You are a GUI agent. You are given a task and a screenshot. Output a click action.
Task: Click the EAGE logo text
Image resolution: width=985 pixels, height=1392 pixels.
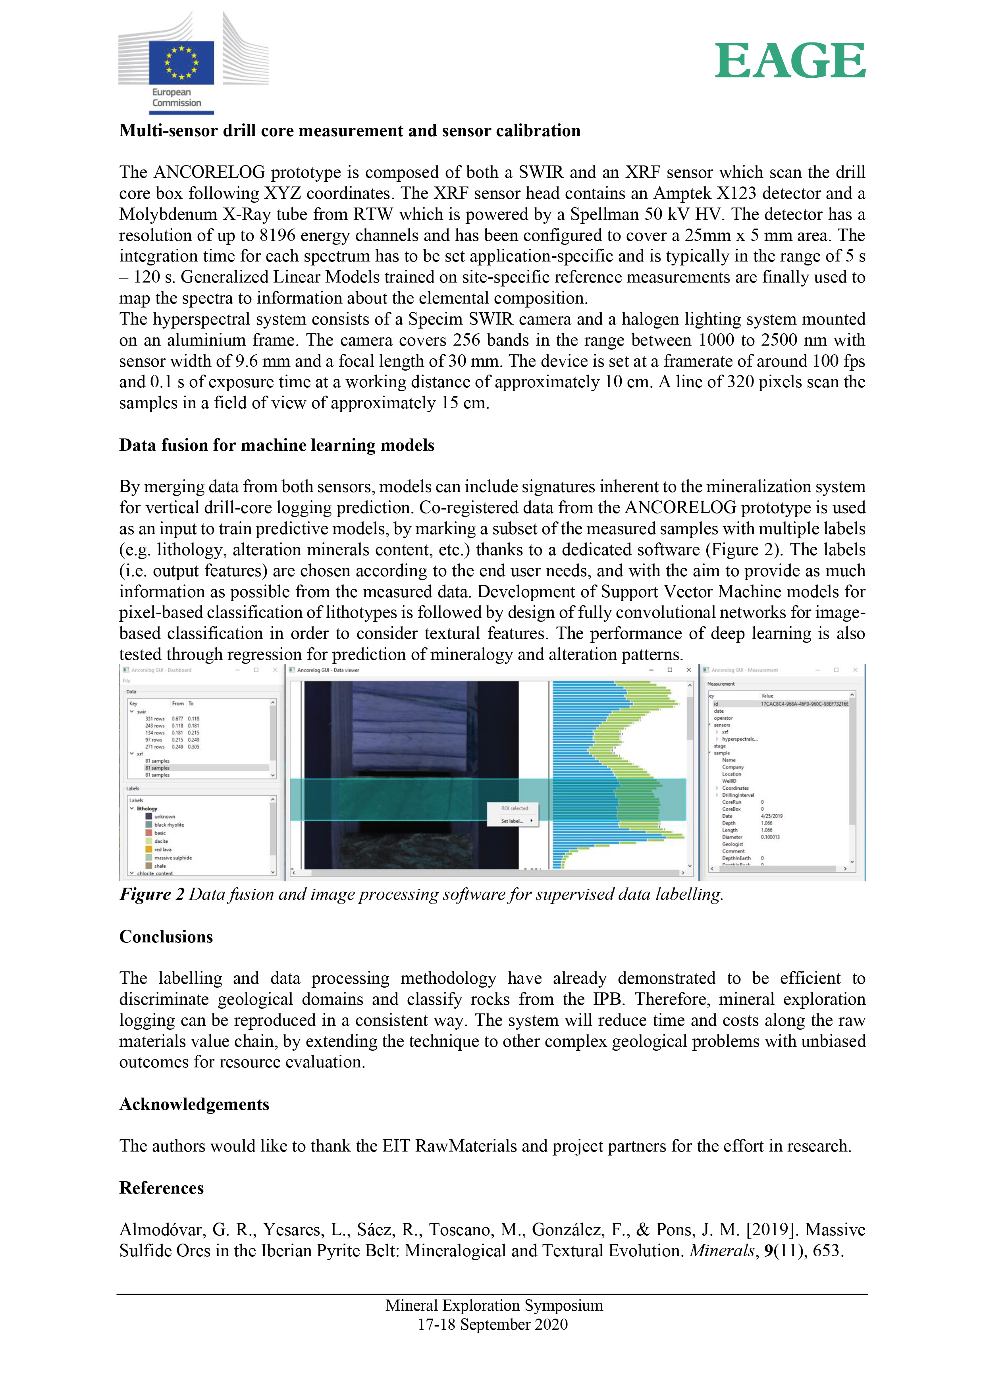point(790,61)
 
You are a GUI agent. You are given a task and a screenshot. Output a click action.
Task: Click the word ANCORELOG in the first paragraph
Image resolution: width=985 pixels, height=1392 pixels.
point(209,172)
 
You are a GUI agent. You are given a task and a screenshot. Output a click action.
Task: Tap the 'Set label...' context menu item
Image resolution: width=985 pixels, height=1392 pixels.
point(513,821)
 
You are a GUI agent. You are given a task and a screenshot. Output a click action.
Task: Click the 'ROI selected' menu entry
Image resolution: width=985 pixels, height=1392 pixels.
point(514,808)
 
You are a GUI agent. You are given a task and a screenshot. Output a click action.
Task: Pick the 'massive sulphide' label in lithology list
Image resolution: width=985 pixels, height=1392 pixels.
point(173,858)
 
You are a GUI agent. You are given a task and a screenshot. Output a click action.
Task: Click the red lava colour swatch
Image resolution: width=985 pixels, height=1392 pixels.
point(148,850)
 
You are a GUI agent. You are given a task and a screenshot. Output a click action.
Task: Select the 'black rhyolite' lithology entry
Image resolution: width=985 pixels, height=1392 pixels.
point(169,825)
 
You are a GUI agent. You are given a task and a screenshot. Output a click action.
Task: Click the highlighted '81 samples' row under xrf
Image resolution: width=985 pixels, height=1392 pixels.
point(157,767)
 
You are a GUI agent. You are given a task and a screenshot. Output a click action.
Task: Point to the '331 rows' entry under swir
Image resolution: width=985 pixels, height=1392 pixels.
point(155,719)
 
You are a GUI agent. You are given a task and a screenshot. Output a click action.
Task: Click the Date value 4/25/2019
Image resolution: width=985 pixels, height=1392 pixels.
point(771,816)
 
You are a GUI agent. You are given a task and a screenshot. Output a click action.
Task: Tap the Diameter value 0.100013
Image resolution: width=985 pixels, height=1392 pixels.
point(770,837)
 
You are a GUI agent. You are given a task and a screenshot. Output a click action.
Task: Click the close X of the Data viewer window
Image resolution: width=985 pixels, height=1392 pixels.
point(688,670)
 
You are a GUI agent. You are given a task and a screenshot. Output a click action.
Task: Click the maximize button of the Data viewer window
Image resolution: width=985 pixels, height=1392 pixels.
point(670,670)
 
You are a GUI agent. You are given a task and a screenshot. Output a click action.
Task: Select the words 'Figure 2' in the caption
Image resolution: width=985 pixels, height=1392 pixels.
point(152,894)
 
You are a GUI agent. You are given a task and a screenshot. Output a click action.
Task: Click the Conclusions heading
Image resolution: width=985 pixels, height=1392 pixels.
point(166,937)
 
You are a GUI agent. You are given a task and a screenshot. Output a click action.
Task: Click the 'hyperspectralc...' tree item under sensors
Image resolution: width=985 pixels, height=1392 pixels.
point(739,739)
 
